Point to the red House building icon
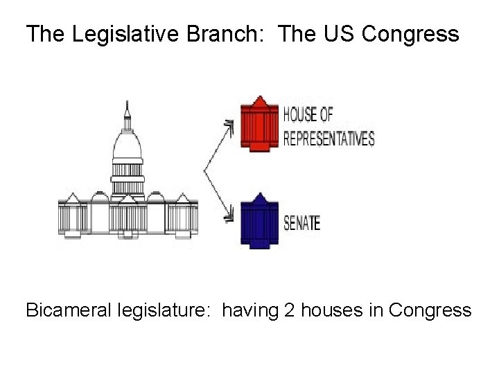pyautogui.click(x=259, y=125)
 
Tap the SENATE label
pyautogui.click(x=302, y=224)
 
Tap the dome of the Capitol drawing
pyautogui.click(x=127, y=145)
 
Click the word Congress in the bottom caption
pyautogui.click(x=430, y=310)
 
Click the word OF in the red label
pyautogui.click(x=324, y=115)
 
